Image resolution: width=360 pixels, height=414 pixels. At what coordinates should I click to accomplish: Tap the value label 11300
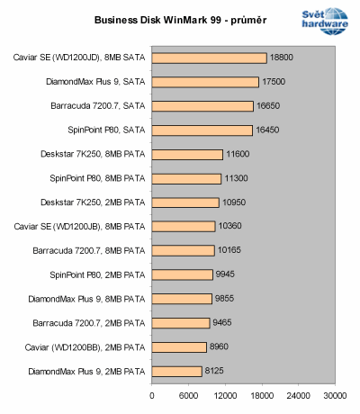pos(238,178)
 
